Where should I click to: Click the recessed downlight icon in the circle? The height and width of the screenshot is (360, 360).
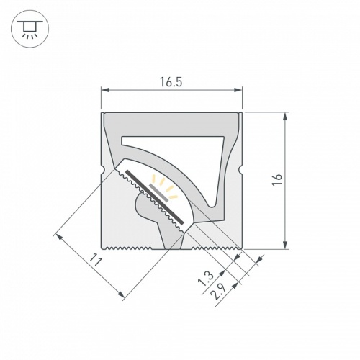tap(30, 29)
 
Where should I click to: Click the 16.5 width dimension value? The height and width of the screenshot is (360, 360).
tap(171, 82)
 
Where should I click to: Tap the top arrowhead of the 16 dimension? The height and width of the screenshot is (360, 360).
tap(287, 116)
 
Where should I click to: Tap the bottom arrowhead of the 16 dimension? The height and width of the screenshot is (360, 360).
tap(287, 244)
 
